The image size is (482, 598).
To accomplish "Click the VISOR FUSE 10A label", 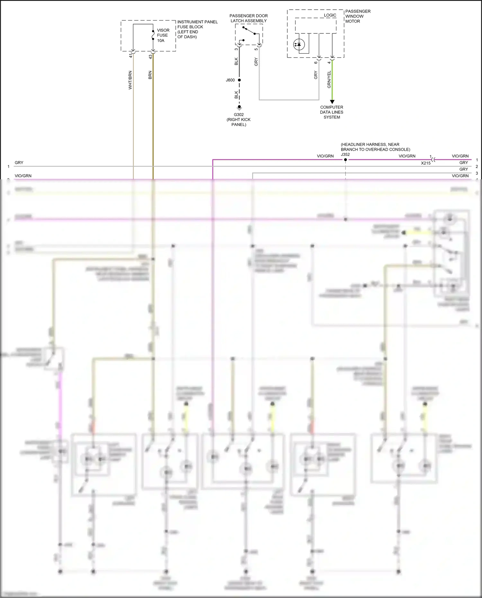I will click(163, 35).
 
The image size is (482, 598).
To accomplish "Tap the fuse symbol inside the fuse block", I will click(153, 35).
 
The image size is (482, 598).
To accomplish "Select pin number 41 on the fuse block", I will click(131, 56).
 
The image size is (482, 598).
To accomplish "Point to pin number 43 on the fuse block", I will click(150, 57).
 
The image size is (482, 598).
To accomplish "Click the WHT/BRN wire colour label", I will click(130, 80).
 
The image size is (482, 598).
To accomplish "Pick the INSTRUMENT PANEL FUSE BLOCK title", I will click(197, 29).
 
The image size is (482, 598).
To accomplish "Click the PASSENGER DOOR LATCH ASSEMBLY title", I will click(248, 18).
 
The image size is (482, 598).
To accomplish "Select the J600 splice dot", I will click(239, 80).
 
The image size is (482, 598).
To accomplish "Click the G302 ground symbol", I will click(239, 108).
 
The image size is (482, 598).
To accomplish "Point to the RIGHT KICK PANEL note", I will click(238, 122).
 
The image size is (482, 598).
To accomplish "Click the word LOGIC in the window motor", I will click(330, 15).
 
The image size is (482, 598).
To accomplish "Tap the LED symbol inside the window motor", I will click(299, 44).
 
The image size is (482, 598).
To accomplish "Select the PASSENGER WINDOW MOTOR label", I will click(357, 16).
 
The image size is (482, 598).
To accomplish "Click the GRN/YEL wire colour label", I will click(329, 79).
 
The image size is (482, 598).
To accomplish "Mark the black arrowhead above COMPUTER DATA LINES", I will click(332, 102).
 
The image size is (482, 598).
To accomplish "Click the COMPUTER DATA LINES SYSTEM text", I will click(332, 112).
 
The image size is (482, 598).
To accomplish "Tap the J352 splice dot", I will click(345, 160).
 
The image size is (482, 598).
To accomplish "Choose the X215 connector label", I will click(426, 163).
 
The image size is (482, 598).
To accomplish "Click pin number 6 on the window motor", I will click(316, 62).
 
